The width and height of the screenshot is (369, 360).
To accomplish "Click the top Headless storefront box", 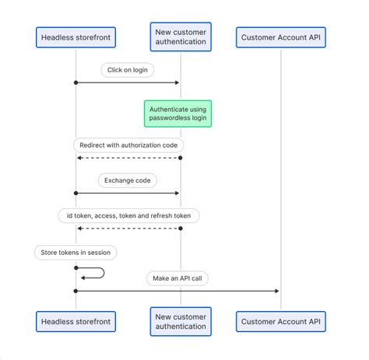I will click(x=76, y=37).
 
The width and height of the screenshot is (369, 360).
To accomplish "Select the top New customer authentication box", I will click(x=181, y=37).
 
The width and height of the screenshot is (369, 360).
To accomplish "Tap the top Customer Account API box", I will click(x=280, y=37).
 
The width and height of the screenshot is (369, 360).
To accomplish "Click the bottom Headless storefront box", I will click(x=76, y=321).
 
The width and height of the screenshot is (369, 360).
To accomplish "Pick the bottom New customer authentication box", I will click(x=181, y=321).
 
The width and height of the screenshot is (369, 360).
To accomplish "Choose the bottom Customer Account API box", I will click(x=280, y=321).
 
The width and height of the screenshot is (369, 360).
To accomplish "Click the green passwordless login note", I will click(x=178, y=114).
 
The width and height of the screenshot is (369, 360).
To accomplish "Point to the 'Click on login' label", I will click(x=128, y=70).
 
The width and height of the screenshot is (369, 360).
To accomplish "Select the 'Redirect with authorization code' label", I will click(x=128, y=145).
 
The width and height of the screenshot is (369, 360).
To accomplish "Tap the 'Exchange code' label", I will click(x=128, y=180).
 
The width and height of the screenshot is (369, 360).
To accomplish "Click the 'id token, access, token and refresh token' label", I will click(x=128, y=215).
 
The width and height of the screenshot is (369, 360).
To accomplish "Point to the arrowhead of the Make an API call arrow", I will click(x=276, y=291).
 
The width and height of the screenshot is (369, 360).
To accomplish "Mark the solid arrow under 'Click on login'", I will click(x=128, y=82).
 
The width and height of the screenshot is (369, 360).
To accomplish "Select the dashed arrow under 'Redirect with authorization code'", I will click(x=128, y=158).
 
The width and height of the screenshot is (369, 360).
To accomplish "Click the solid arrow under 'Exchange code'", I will click(x=128, y=193).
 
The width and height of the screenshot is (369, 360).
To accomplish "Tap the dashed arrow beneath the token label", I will click(x=128, y=228).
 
